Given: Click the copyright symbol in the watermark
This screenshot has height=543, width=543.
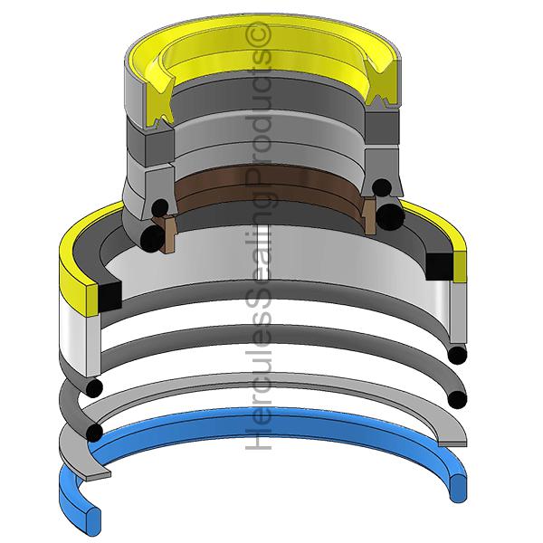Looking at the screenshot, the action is point(258,33).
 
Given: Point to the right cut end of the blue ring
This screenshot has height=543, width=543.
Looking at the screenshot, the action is point(457,488).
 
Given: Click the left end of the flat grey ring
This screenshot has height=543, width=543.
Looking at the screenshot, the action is point(99,474).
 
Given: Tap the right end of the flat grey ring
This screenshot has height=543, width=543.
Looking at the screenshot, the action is point(452,443).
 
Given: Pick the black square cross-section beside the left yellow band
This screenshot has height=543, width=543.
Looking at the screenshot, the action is point(110,296).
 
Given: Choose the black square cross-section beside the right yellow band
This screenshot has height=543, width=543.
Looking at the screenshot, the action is point(439,267).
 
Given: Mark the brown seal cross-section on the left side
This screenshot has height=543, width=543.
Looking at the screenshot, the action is point(166,234).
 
